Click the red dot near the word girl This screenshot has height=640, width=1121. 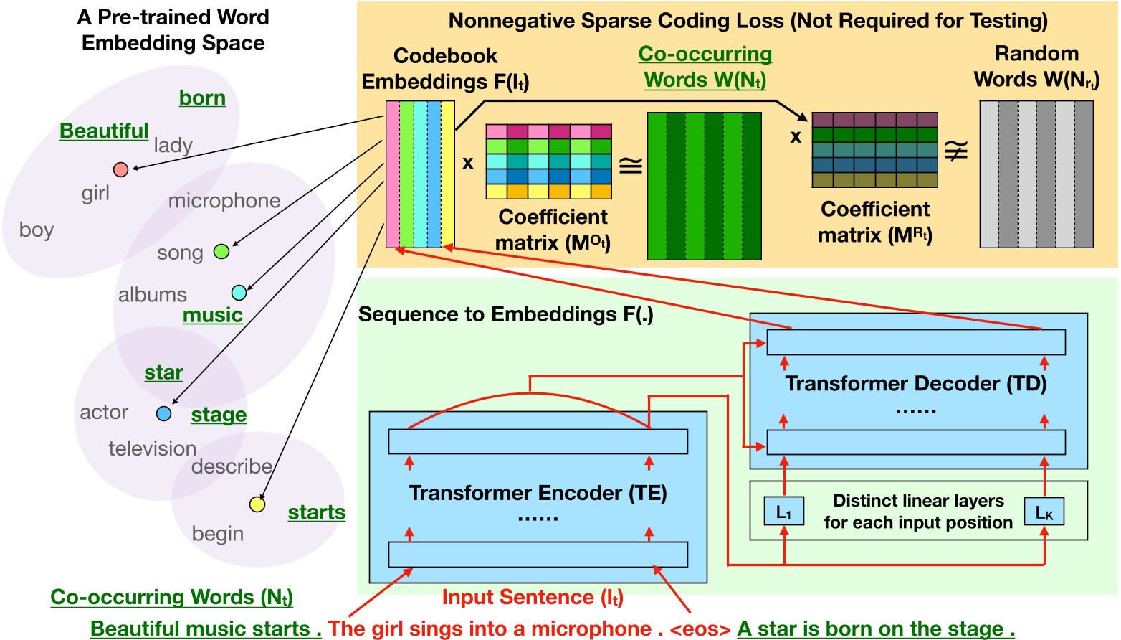click(x=120, y=169)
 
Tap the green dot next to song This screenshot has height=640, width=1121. click(x=221, y=251)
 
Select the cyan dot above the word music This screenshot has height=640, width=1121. click(x=239, y=293)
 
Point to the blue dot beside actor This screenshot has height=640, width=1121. click(x=163, y=414)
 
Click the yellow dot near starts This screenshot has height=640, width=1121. click(x=257, y=504)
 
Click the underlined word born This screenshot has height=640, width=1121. click(x=202, y=98)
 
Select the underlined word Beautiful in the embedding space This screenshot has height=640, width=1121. click(x=104, y=131)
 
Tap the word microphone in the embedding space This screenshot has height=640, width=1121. click(x=224, y=201)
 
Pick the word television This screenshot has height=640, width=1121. click(x=152, y=449)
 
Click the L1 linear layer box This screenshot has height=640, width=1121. click(x=783, y=512)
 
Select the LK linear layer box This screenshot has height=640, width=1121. click(x=1044, y=512)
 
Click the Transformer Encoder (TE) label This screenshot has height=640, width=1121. click(x=538, y=493)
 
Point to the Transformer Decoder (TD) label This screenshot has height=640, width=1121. click(x=915, y=384)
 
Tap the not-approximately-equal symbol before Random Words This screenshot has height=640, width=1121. click(x=957, y=151)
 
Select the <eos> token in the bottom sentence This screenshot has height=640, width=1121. click(x=700, y=629)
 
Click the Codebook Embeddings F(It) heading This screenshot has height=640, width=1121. click(x=445, y=69)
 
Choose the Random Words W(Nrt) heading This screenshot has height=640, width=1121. click(x=1036, y=67)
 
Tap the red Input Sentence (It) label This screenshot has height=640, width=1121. click(x=533, y=598)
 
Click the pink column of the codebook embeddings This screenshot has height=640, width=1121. click(x=393, y=174)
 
